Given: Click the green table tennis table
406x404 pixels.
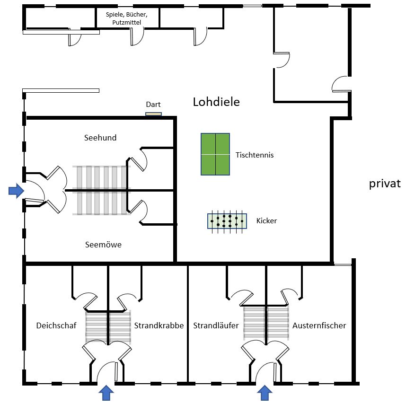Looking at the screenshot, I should coord(215,154).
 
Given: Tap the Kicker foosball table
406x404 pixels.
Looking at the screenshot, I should coord(227,221).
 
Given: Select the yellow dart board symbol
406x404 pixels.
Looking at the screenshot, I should coord(153,114).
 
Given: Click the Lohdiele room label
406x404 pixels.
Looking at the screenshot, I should coord(216,102).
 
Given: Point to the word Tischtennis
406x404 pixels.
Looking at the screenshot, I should coord(255,155).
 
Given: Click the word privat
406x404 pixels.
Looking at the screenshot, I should coord(385,184).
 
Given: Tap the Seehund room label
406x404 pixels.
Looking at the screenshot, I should coord(100,138).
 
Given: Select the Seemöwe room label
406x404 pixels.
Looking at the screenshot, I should coord(103,245).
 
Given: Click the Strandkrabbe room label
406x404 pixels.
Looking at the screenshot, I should coord(159,325).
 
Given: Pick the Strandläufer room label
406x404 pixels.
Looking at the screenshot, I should coord(216,325).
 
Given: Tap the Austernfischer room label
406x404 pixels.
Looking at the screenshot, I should coord(319,325).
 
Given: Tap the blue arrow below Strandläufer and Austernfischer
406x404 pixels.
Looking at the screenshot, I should coord(265,392).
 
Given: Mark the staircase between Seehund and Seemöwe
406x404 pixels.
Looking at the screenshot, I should coord(101,190).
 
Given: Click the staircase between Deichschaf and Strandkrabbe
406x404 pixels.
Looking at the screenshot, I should coord(108,327).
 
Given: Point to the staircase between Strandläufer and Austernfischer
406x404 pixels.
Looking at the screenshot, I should coord(266,323).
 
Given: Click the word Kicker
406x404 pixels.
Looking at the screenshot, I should coord(266,220).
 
